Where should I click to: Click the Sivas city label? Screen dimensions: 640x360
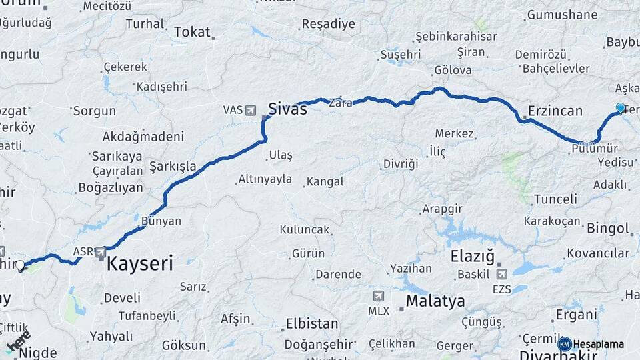point(287,109)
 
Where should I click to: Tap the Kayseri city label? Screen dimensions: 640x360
point(140,263)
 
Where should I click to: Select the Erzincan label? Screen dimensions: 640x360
point(555,111)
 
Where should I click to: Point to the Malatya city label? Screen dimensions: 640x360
point(435,301)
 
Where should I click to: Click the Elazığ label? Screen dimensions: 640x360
point(473,255)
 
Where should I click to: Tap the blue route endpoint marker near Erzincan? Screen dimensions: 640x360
point(621,108)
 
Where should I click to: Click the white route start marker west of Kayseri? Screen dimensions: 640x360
point(20,265)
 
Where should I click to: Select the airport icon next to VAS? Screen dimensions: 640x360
point(250,109)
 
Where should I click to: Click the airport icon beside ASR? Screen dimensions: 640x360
point(101,252)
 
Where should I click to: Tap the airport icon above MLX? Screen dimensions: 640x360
point(379,296)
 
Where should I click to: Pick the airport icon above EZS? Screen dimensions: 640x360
point(501,273)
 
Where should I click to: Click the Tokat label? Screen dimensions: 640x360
point(192,32)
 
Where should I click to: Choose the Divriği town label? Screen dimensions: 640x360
point(400,163)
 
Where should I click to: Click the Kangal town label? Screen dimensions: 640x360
point(325,181)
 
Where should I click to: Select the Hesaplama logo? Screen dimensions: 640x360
point(591,344)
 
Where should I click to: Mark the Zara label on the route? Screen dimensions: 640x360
point(340,103)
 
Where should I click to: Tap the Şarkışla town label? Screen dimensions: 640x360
point(172,165)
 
